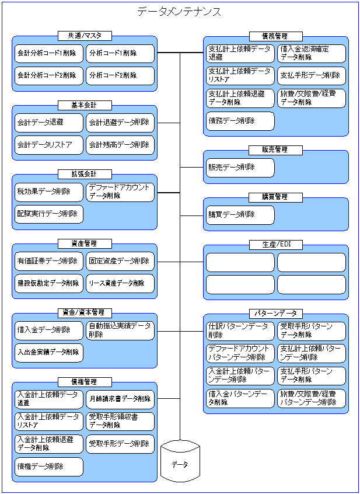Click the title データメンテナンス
[x=179, y=12]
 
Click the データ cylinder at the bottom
[x=180, y=464]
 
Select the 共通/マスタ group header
[x=85, y=36]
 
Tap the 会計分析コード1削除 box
[x=49, y=53]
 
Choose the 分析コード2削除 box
[x=120, y=75]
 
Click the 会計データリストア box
[x=49, y=144]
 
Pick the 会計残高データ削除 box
[x=120, y=144]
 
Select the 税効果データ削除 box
[x=49, y=192]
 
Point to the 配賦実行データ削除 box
[x=49, y=214]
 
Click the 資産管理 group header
[x=85, y=243]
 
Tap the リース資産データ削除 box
[x=120, y=283]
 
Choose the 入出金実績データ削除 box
[x=49, y=352]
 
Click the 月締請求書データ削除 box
[x=120, y=399]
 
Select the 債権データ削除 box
[x=49, y=467]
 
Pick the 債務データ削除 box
[x=240, y=121]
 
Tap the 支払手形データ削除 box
[x=311, y=75]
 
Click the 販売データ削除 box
[x=240, y=167]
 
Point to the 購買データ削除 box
[x=240, y=214]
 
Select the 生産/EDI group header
[x=275, y=244]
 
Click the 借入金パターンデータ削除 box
[x=240, y=398]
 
